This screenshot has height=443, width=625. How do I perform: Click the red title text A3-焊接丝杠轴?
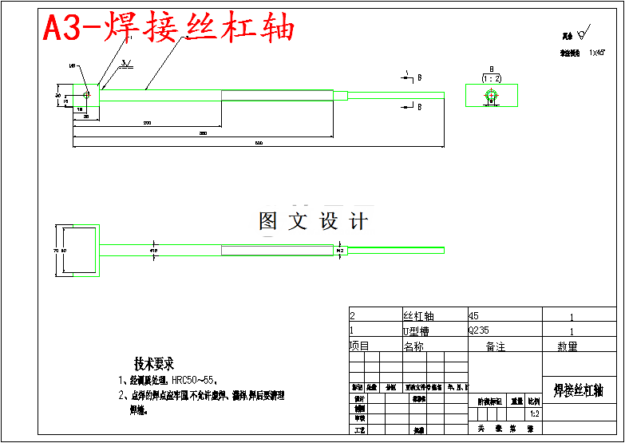point(168,29)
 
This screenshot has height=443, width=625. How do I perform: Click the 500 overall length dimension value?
point(259,143)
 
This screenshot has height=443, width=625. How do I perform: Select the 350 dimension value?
point(204,133)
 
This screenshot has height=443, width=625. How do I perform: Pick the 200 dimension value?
point(147,122)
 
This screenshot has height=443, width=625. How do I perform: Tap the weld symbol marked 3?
point(125,62)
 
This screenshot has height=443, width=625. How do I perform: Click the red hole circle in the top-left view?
point(86,94)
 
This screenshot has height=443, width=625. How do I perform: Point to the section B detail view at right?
point(491,95)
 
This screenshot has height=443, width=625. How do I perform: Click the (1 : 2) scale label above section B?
point(492,78)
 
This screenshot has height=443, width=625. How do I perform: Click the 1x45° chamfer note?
point(597,53)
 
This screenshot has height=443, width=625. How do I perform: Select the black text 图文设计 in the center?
point(313,221)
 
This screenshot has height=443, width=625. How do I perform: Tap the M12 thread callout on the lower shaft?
point(340,251)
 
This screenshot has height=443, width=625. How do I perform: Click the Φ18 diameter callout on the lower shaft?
point(153,251)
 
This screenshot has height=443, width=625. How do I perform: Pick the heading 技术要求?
point(154,364)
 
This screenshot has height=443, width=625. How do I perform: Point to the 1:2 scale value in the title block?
point(534,414)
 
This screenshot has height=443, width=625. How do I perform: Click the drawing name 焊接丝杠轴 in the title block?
point(578,390)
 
